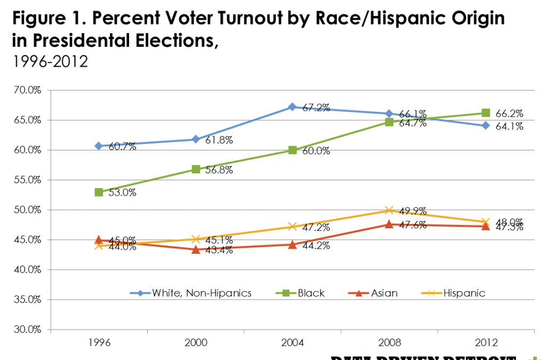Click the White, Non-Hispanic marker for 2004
click(292, 107)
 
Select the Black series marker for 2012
click(486, 113)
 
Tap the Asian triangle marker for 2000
click(196, 250)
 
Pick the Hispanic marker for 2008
click(389, 210)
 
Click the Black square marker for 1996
click(99, 192)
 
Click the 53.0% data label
click(123, 193)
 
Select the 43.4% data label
click(219, 251)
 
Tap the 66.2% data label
click(509, 114)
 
